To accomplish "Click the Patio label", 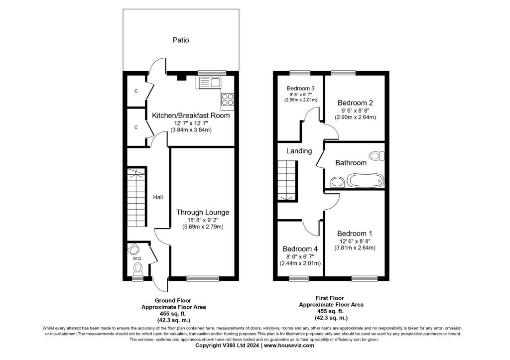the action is (x=180, y=40).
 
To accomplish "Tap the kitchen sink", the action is (x=208, y=83).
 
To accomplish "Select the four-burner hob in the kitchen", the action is (x=227, y=99).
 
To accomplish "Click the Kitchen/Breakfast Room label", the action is (x=191, y=116).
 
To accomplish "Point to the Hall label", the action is (x=158, y=197).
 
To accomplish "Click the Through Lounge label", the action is (x=203, y=212).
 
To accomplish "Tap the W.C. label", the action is (x=137, y=258).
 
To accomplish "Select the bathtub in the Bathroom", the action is (x=365, y=180).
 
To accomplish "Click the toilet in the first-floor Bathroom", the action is (x=378, y=156).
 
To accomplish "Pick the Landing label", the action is (x=299, y=151).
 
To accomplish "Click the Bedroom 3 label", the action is (x=300, y=89).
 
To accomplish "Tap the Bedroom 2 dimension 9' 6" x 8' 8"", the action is (x=355, y=111).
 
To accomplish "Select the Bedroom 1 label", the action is (x=355, y=234).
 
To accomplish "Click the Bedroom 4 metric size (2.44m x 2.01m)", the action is (x=300, y=263).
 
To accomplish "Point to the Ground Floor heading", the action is (x=173, y=300).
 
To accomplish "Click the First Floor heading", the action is (x=330, y=298).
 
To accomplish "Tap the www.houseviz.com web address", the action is (x=289, y=346).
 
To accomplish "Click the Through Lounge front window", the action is (x=203, y=278).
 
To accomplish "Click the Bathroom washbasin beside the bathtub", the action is (x=337, y=182).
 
